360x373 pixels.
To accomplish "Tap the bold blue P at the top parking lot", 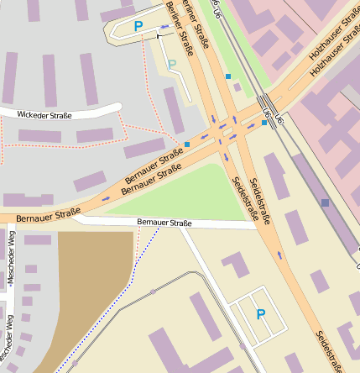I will (x=138, y=27).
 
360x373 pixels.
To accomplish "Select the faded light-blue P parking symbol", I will (x=172, y=65).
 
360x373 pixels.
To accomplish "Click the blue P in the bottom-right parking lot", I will (x=260, y=314).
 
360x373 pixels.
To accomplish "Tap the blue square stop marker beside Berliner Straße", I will (x=228, y=76).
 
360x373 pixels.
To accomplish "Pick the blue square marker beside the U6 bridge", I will (x=264, y=123).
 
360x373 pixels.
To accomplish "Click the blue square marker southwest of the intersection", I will (x=187, y=144).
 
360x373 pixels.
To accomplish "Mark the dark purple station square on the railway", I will (x=325, y=202).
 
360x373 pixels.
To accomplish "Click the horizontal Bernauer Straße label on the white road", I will (x=164, y=223).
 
